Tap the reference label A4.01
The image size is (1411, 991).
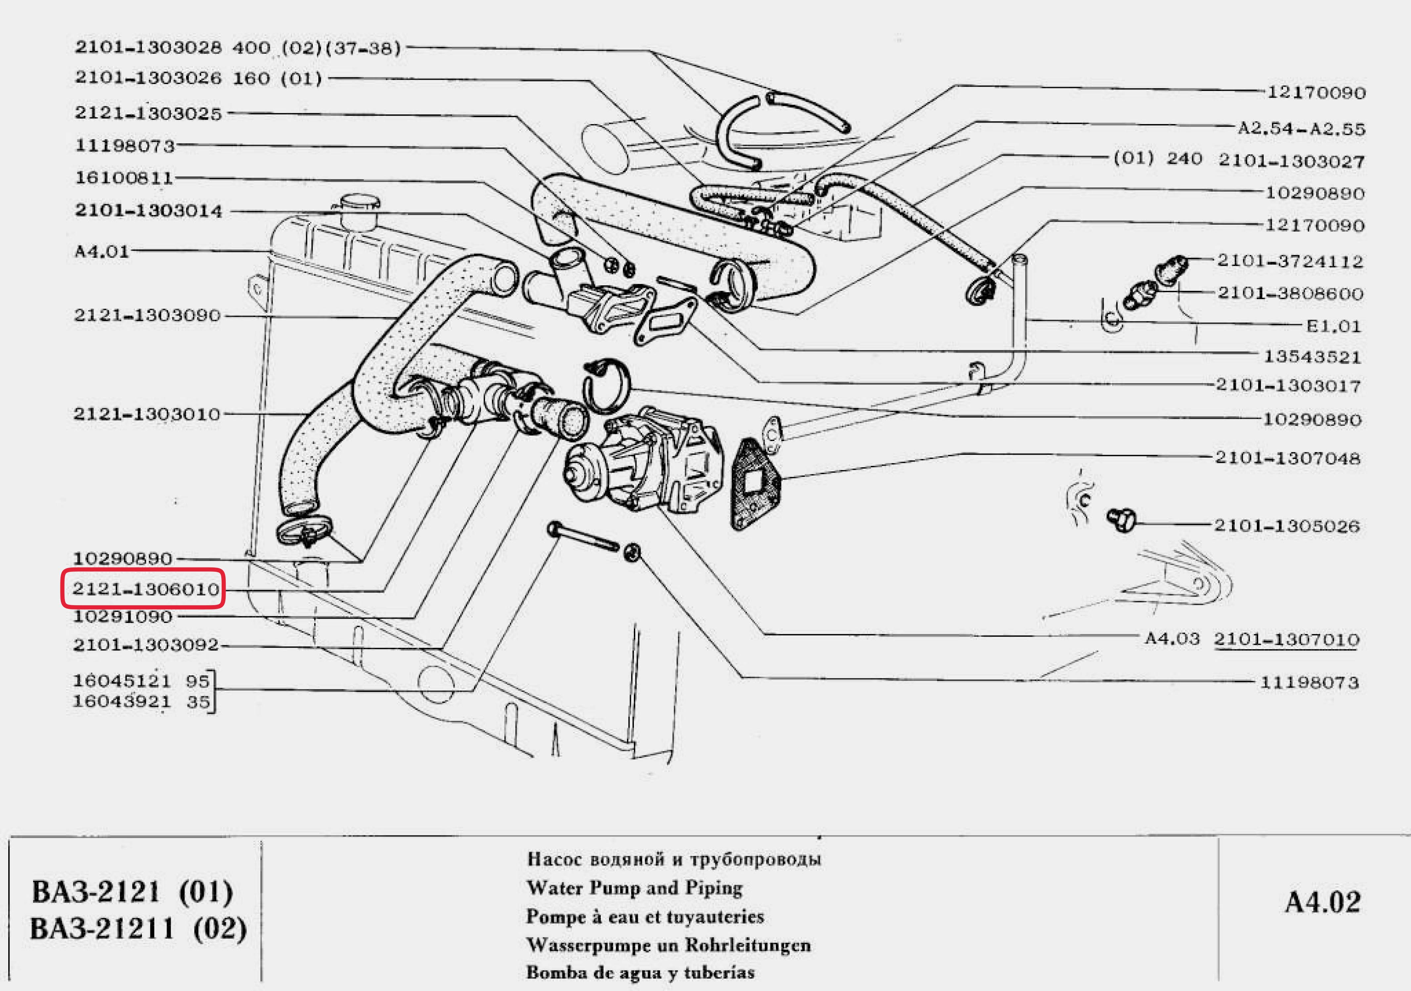pos(102,251)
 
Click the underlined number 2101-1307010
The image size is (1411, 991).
pos(1286,639)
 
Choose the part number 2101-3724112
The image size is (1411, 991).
pos(1290,261)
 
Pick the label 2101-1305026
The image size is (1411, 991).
pos(1287,526)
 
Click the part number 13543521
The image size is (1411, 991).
pos(1312,357)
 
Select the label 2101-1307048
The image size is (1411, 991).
pos(1288,458)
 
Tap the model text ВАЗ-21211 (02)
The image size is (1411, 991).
pos(138,929)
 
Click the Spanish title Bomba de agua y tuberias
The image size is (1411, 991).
pos(640,972)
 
